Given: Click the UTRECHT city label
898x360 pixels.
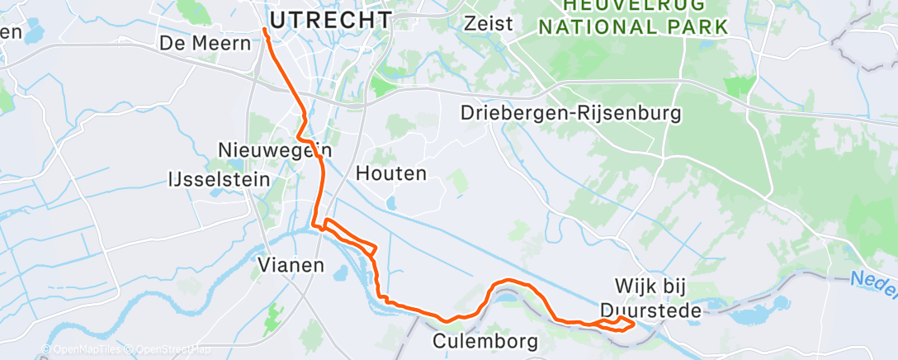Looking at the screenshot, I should (x=331, y=20).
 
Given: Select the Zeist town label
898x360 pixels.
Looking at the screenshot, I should (x=489, y=23).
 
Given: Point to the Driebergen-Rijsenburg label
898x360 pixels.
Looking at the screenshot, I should (x=572, y=112).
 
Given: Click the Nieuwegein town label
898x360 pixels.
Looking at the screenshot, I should (x=275, y=150).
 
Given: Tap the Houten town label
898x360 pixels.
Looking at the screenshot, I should (x=391, y=173).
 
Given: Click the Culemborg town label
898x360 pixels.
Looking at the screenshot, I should (x=486, y=340).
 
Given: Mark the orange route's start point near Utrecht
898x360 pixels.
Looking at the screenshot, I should (x=265, y=30).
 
